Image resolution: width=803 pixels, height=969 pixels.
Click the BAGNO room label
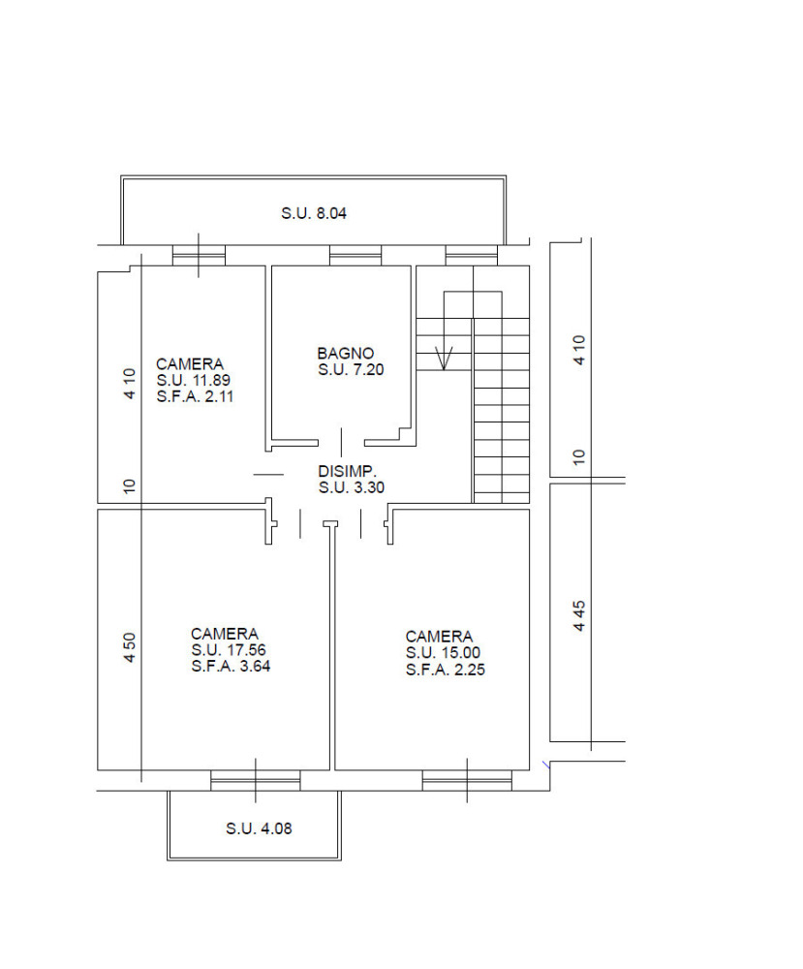point(345,354)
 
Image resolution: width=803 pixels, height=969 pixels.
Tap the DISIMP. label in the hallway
point(347,472)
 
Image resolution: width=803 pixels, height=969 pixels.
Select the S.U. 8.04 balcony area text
point(314,213)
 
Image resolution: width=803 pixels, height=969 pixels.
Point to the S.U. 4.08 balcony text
point(259,828)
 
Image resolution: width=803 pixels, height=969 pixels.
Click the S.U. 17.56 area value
point(229,650)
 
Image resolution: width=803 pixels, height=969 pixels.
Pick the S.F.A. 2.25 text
point(446,670)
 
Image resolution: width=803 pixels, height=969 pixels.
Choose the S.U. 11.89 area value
point(194,380)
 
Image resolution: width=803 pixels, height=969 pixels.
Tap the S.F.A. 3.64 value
point(231,667)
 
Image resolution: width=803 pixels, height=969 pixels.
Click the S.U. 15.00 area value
point(443,652)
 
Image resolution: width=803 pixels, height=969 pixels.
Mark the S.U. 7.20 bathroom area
point(351,369)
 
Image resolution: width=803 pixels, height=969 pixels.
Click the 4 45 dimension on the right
point(579,615)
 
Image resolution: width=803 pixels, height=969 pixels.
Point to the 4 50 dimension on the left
point(129,647)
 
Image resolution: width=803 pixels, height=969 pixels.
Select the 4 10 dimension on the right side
point(579,350)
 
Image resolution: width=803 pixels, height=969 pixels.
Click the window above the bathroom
point(355,255)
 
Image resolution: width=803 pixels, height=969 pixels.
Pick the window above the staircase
point(472,255)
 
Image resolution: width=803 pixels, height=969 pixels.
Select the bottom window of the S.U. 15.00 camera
point(467,780)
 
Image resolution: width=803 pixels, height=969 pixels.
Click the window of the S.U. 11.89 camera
point(199,255)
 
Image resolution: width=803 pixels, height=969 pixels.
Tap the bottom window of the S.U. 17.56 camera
point(255,780)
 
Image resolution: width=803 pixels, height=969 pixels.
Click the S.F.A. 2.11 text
point(196,396)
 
